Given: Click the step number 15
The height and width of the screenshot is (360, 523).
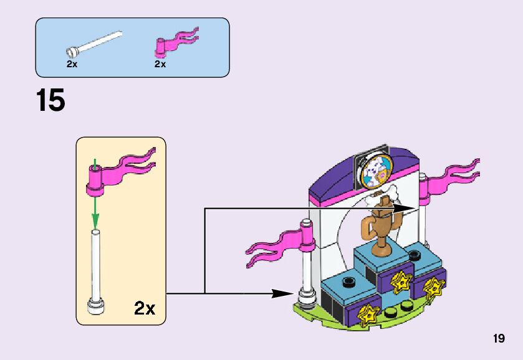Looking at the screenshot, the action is [x=50, y=101].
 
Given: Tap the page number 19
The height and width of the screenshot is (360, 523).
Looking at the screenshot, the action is [x=498, y=339].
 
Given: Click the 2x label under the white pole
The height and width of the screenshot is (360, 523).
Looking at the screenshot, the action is [x=72, y=64].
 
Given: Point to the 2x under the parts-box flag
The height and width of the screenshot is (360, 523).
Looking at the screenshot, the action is [x=160, y=64].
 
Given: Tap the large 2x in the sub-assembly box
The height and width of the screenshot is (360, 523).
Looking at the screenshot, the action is [x=145, y=308].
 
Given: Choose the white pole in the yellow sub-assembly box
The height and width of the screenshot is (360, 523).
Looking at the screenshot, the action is [x=96, y=268].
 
